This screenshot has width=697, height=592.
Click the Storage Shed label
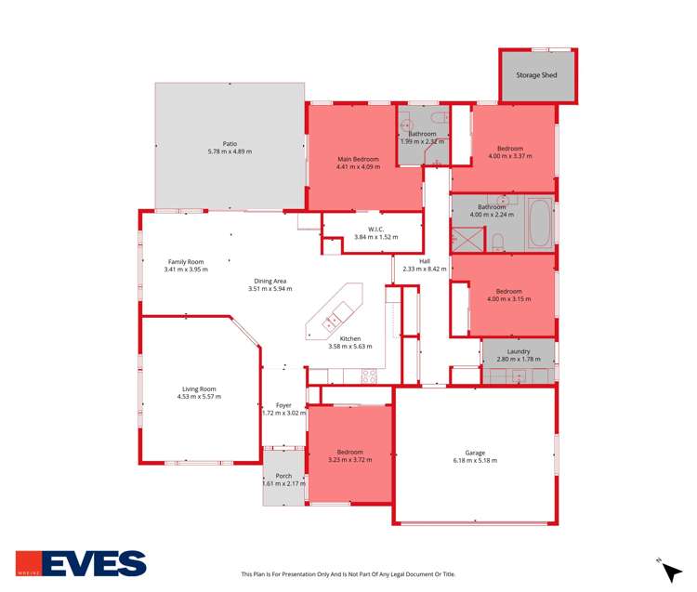536,75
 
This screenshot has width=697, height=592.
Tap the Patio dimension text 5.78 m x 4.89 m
230,151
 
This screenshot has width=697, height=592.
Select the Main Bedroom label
359,159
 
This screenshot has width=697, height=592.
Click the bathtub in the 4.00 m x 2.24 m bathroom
540,223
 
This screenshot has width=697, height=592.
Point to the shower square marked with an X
467,240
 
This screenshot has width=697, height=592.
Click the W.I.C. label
375,230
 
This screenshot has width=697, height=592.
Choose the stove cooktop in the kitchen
369,376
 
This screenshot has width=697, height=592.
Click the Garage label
475,453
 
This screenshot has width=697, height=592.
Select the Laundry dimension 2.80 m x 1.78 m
519,359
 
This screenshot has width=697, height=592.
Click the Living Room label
199,388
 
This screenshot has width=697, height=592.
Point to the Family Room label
186,262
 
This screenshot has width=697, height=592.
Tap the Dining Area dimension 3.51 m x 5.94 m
270,288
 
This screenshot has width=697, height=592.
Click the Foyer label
283,405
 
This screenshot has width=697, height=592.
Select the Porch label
283,476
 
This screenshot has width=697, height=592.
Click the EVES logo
81,563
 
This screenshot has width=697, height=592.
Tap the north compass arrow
672,572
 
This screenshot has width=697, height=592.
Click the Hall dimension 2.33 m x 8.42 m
425,269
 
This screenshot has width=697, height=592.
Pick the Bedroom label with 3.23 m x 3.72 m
349,452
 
